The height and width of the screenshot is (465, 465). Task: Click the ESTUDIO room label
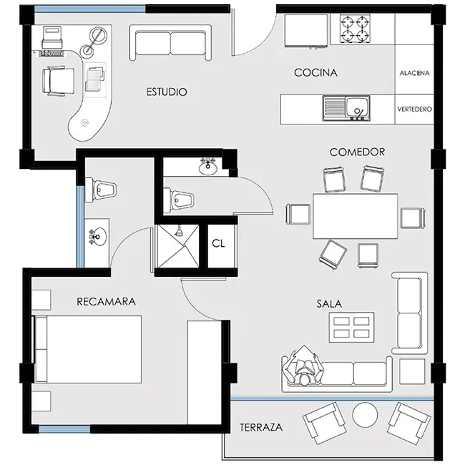(x=167, y=92)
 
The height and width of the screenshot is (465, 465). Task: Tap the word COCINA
(x=315, y=73)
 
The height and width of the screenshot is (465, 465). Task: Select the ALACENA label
(x=414, y=73)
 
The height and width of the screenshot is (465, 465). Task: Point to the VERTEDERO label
(x=415, y=109)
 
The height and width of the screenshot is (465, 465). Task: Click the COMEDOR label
(x=357, y=152)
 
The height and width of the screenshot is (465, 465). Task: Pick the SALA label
(x=329, y=303)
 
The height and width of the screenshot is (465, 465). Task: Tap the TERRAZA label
(x=261, y=427)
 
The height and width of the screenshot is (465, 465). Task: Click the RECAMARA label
(x=106, y=302)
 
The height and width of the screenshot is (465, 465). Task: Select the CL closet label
(x=218, y=243)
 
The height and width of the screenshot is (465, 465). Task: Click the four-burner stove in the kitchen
(x=355, y=29)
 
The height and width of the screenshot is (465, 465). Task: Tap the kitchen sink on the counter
(x=346, y=108)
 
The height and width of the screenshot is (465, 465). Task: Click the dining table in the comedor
(x=356, y=216)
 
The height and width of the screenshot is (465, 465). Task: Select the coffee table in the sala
(x=351, y=328)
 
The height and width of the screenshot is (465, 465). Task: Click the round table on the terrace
(x=365, y=415)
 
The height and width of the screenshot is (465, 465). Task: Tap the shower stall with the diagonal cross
(x=178, y=246)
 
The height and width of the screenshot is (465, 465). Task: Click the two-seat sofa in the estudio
(x=170, y=43)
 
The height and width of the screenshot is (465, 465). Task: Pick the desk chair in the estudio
(x=58, y=81)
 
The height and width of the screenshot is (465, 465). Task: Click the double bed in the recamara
(x=88, y=349)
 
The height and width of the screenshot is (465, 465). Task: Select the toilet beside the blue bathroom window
(x=101, y=190)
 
